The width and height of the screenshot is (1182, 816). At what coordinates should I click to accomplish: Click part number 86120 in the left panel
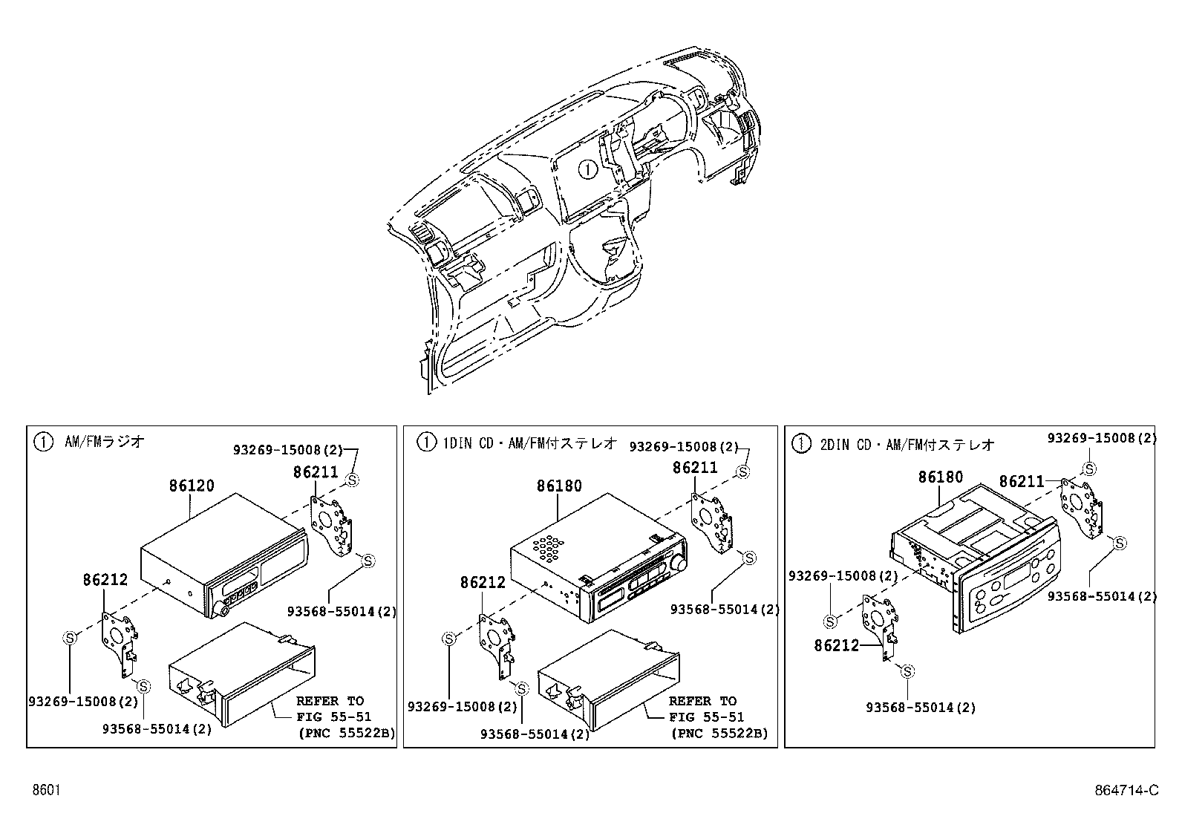192,486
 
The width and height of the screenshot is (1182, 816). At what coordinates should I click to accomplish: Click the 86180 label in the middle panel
559,486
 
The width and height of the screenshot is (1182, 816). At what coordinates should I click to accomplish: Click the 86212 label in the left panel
105,580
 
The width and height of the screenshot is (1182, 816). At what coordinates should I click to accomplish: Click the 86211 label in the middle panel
695,467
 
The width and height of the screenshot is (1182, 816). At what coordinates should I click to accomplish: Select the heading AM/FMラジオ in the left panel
104,442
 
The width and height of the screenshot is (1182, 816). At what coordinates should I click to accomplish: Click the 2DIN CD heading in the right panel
906,445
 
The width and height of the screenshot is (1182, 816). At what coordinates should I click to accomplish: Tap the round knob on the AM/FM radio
221,610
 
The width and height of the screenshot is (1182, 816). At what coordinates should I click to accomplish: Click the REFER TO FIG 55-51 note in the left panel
330,709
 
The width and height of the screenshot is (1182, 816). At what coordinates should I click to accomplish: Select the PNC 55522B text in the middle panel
718,734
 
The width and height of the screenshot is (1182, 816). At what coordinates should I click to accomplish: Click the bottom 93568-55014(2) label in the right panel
921,708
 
